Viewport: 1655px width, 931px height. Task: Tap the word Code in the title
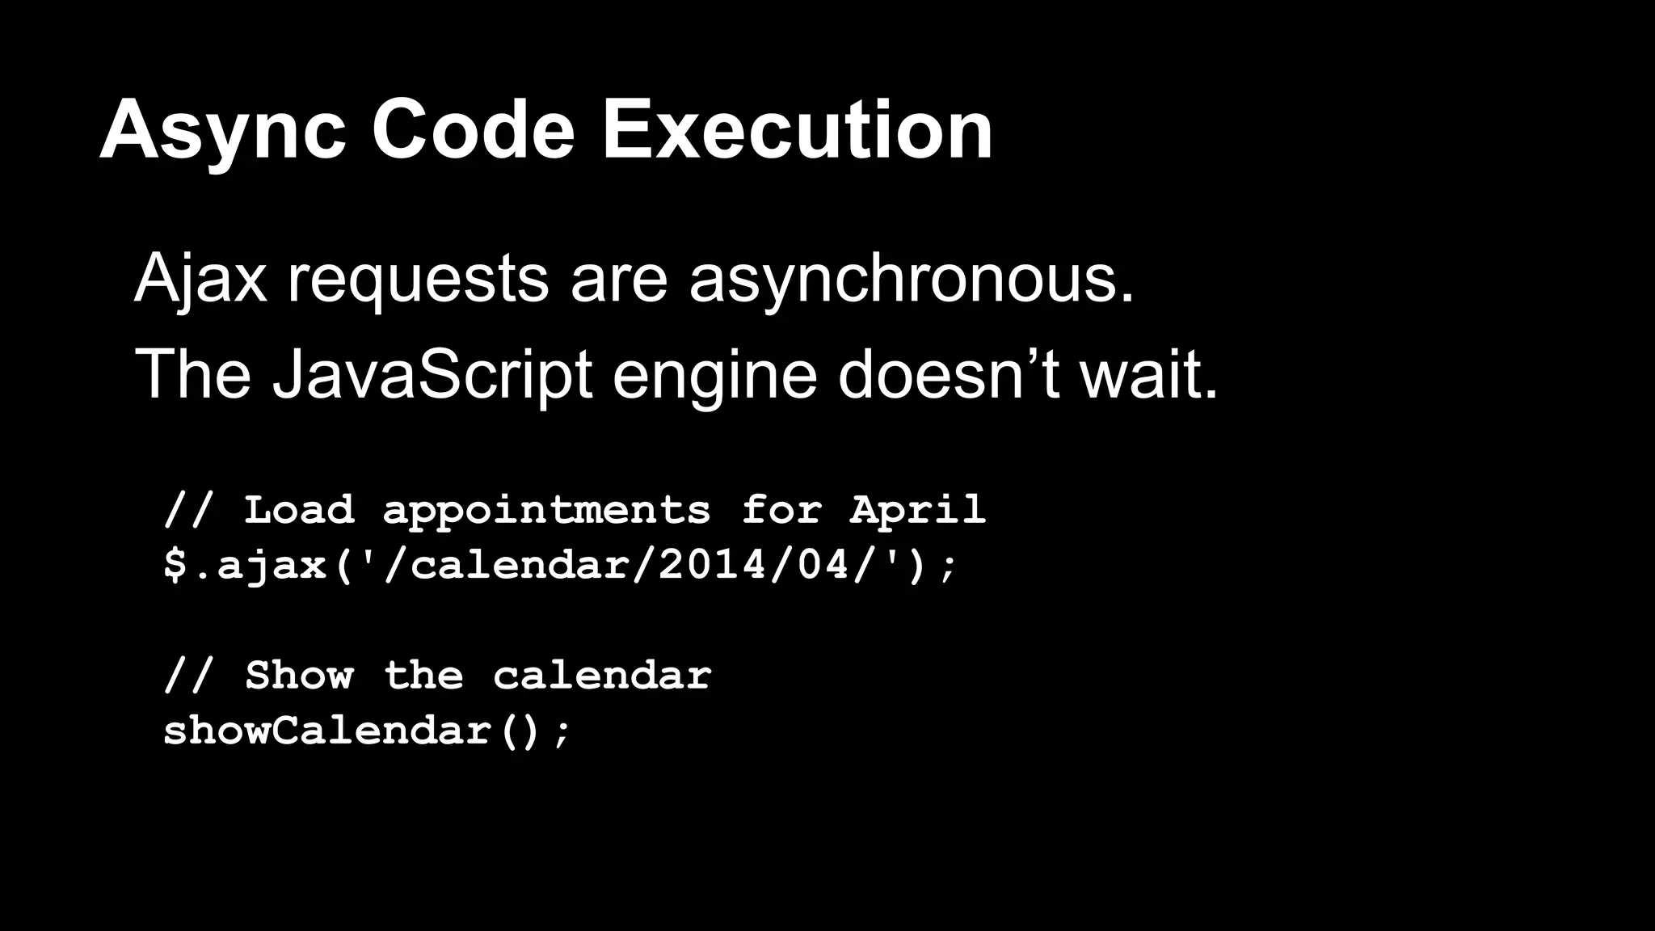click(473, 131)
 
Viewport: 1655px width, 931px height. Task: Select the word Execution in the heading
click(797, 131)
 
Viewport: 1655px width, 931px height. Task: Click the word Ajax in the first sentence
click(200, 279)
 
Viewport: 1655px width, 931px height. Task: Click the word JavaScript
click(432, 376)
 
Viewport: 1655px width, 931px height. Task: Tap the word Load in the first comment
click(299, 509)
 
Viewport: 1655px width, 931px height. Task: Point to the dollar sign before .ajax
click(175, 564)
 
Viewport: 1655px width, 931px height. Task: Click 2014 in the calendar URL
click(712, 564)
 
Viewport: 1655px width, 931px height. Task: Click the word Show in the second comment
click(299, 675)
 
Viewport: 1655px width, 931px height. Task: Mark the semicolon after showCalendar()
click(562, 732)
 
